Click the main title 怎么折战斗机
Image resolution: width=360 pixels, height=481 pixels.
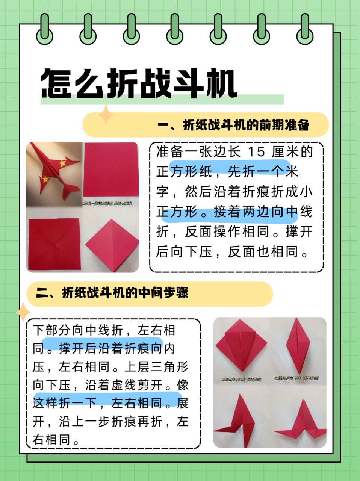point(139,83)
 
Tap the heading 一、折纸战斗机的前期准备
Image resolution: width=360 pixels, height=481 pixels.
point(233,125)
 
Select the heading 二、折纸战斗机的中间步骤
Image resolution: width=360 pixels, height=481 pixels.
point(112,293)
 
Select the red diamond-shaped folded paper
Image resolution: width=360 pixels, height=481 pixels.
point(112,244)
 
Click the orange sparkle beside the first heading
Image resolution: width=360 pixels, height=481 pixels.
point(106,115)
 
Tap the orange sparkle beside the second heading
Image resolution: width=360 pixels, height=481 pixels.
point(23,312)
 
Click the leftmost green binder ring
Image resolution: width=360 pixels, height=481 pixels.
point(44,29)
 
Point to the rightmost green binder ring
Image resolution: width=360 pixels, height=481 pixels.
point(305,29)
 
